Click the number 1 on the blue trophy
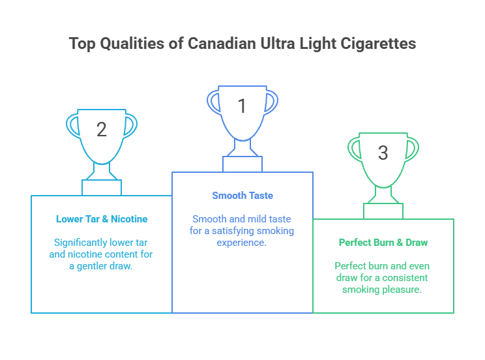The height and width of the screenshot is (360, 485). click(x=242, y=106)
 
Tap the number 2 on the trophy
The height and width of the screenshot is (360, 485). click(x=102, y=129)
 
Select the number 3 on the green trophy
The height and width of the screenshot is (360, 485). click(x=383, y=153)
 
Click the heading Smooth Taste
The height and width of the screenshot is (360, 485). click(x=242, y=196)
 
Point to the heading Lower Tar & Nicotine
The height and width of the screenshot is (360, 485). click(x=102, y=219)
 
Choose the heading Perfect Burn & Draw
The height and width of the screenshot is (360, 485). click(x=383, y=243)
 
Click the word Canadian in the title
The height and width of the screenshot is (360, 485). click(x=222, y=43)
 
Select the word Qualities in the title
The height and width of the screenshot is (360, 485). click(x=132, y=44)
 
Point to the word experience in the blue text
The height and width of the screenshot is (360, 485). click(x=241, y=243)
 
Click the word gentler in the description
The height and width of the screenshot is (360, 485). click(x=91, y=266)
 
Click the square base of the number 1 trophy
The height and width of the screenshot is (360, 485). click(x=242, y=164)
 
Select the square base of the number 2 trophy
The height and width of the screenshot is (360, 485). click(x=102, y=188)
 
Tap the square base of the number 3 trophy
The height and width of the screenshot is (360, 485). click(x=383, y=211)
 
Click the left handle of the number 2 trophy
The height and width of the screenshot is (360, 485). click(x=73, y=125)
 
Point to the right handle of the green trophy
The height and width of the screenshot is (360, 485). click(x=412, y=149)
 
